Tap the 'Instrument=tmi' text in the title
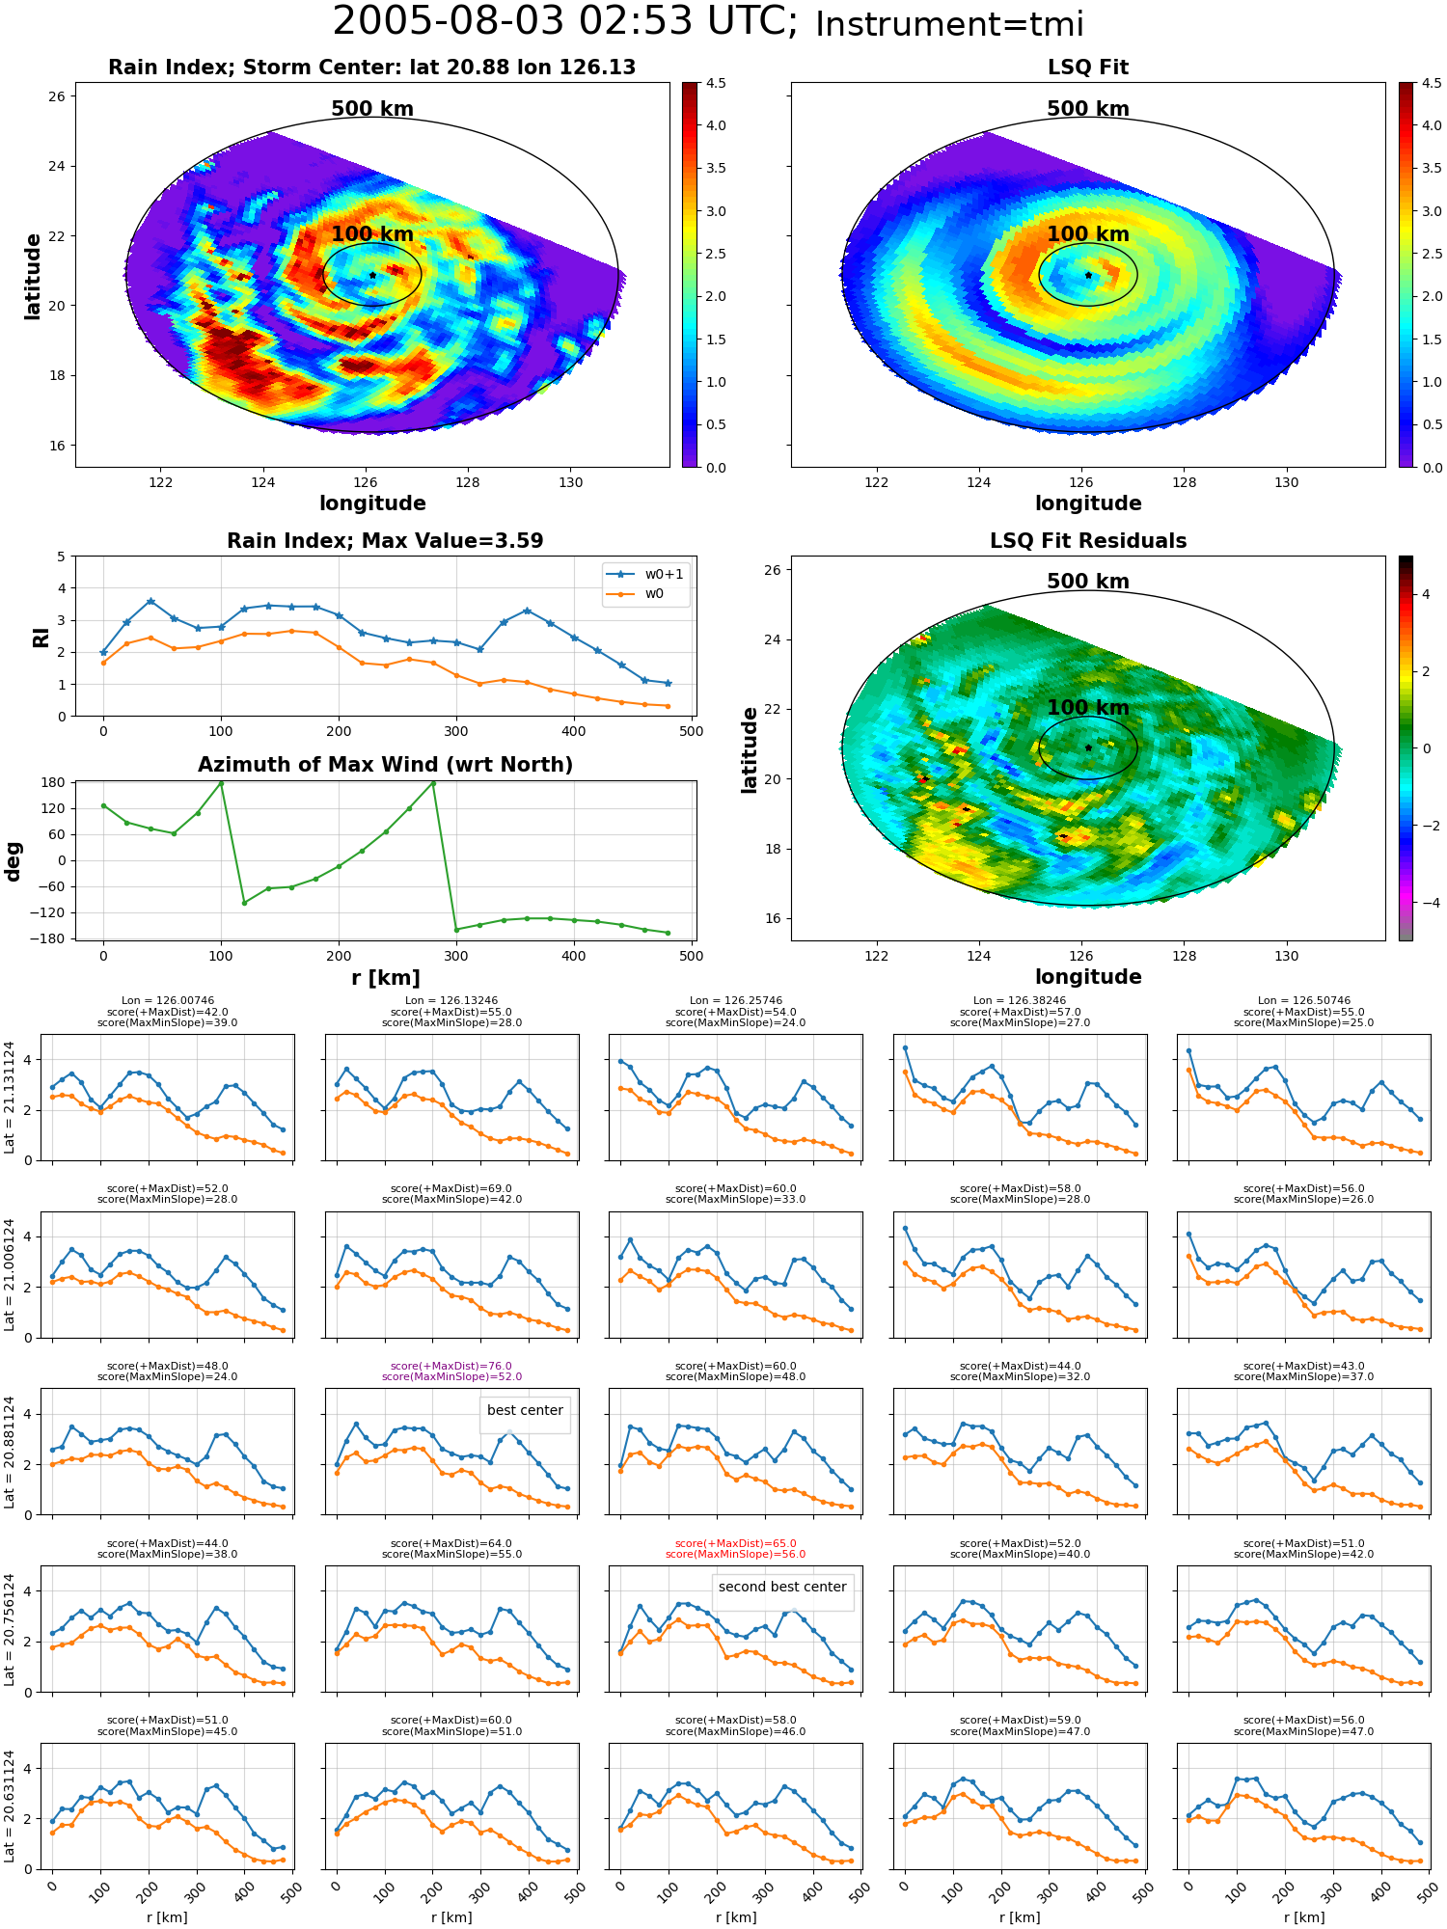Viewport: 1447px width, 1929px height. point(949,24)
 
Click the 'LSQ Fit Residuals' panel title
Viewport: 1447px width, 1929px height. point(1088,541)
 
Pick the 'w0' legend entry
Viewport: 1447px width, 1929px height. point(636,593)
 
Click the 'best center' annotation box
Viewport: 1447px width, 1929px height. point(525,1410)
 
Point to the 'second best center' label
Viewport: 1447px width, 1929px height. point(782,1587)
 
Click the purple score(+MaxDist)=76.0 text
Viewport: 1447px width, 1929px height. point(451,1366)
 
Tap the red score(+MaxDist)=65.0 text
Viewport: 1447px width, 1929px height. point(736,1543)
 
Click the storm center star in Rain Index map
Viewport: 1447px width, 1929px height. point(372,275)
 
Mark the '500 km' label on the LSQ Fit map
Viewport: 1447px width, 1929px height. point(1088,109)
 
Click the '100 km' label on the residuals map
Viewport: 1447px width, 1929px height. point(1088,707)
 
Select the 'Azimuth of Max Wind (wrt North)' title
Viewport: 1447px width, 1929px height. point(385,765)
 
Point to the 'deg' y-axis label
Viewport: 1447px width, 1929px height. point(14,860)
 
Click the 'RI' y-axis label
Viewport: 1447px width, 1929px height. point(41,637)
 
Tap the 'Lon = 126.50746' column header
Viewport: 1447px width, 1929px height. point(1304,1000)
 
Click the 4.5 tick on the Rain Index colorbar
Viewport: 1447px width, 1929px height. point(717,83)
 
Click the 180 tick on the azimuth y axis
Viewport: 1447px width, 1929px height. point(53,782)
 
